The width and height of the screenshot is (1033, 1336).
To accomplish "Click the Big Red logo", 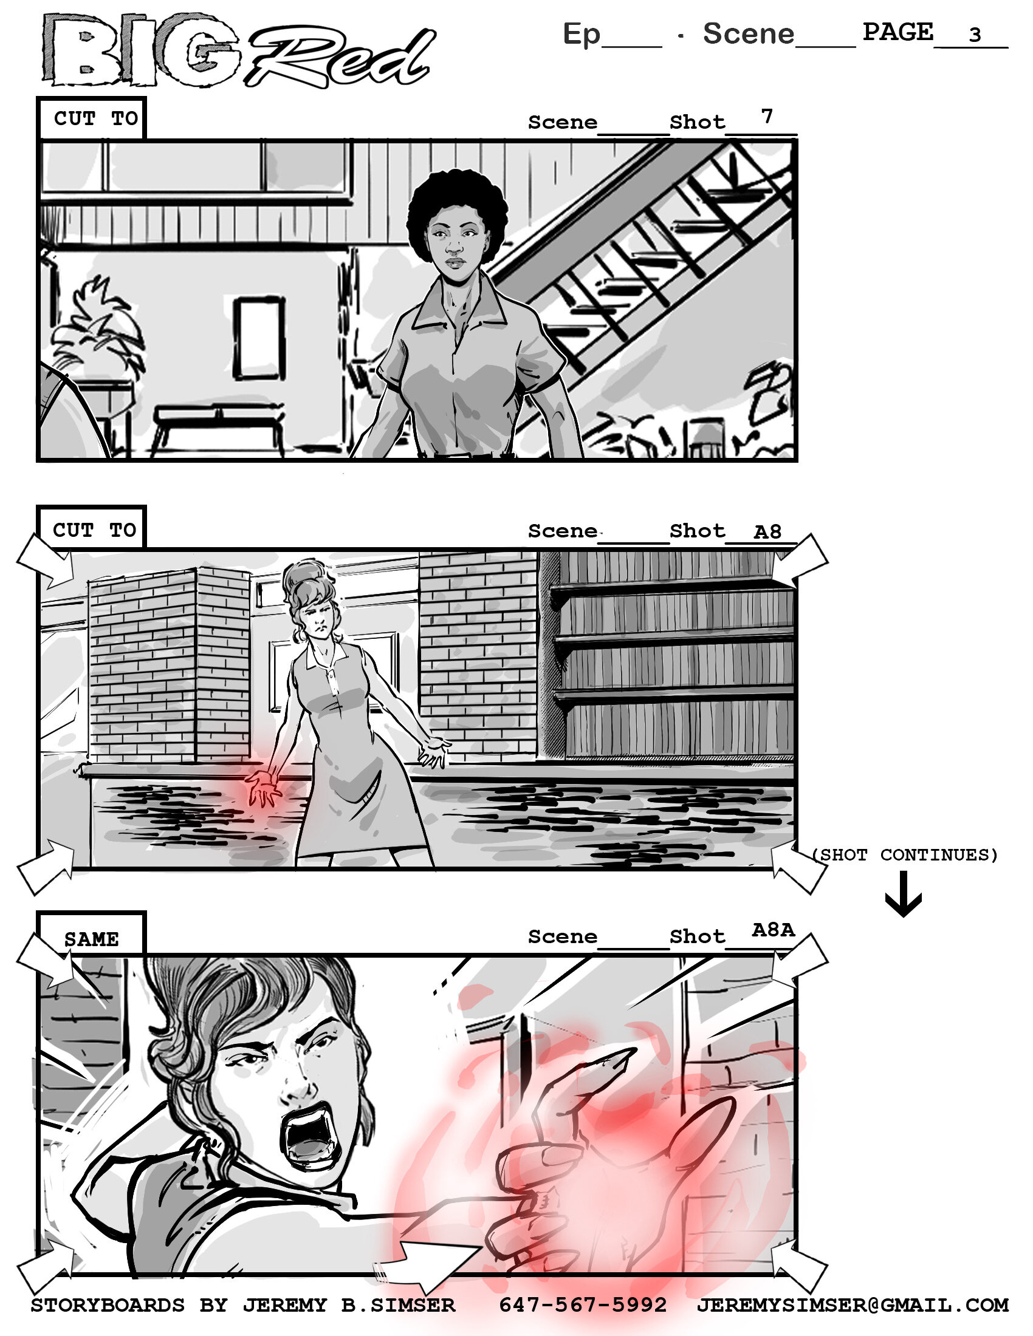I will click(x=239, y=50).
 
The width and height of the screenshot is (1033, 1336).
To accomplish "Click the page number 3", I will click(x=974, y=35).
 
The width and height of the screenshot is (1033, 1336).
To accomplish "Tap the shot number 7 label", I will click(x=766, y=115).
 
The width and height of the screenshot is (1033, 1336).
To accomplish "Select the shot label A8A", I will click(x=772, y=930).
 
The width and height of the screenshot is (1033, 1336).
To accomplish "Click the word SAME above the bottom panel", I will click(x=91, y=939).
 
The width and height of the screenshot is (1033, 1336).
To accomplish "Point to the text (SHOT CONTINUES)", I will click(x=905, y=854).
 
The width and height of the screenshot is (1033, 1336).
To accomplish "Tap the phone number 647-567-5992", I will click(x=582, y=1305).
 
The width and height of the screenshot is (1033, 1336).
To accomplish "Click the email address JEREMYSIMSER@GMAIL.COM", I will click(x=852, y=1305).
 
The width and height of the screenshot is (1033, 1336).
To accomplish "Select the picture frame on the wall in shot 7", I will click(x=259, y=338).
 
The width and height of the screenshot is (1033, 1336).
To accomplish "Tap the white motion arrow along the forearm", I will click(x=428, y=1261).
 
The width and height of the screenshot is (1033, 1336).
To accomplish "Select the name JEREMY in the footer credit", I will click(x=284, y=1305).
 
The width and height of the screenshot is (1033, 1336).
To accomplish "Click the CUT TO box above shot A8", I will click(x=94, y=530).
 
